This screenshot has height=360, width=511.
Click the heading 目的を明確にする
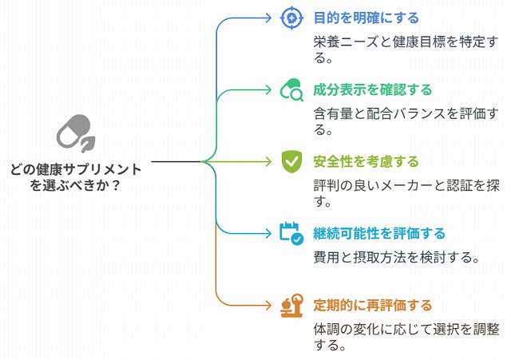tap(366, 18)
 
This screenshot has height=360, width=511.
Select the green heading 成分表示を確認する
tap(373, 90)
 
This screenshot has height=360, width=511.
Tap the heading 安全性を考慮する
tap(366, 161)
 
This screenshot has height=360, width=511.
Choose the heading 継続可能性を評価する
tap(379, 234)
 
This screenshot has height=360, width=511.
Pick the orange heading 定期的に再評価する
tap(373, 306)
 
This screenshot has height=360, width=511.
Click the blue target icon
tap(291, 18)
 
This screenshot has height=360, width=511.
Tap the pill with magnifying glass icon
tap(291, 89)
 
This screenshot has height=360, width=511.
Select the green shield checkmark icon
tap(291, 161)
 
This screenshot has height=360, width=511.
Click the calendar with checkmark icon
tap(291, 233)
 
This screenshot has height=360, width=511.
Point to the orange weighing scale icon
tap(292, 306)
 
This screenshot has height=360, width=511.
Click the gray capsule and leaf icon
tap(77, 133)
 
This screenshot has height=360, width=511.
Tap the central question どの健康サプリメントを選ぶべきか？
tap(76, 177)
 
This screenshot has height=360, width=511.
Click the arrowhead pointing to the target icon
tap(268, 18)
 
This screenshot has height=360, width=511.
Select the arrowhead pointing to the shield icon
tap(268, 161)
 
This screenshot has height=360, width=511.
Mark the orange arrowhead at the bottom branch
tap(268, 306)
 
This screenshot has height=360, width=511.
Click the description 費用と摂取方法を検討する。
tap(397, 257)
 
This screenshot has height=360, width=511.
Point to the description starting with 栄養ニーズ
tap(406, 49)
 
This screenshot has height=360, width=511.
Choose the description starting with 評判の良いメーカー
tap(406, 193)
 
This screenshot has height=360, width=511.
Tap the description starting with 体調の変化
tap(406, 337)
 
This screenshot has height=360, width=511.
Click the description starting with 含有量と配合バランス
tap(406, 121)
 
